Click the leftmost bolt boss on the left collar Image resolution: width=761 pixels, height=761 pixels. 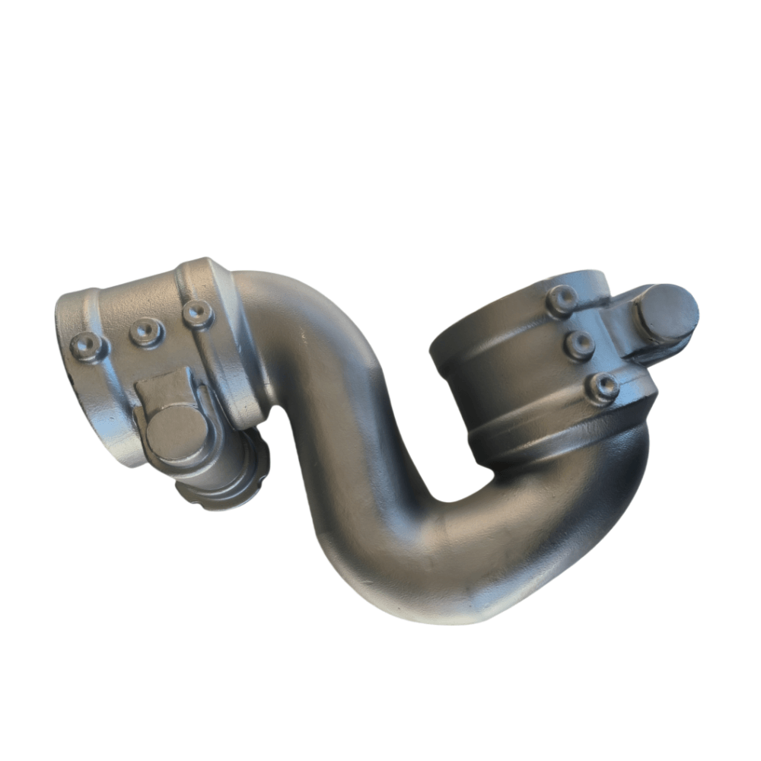pyautogui.click(x=88, y=346)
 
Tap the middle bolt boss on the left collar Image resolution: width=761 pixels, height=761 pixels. pyautogui.click(x=145, y=331)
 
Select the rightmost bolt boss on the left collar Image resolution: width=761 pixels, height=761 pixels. pyautogui.click(x=198, y=314)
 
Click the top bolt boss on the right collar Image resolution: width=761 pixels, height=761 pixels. pyautogui.click(x=562, y=300)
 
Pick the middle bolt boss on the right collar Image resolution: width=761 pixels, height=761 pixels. pyautogui.click(x=580, y=345)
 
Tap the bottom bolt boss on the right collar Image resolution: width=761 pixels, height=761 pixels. pyautogui.click(x=603, y=387)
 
